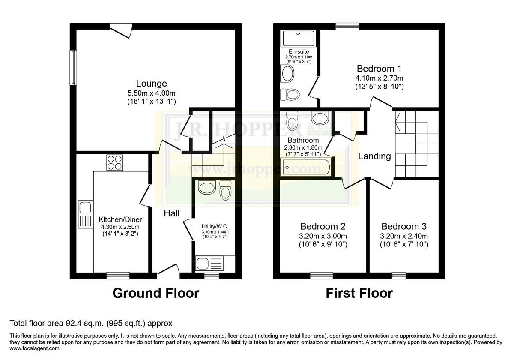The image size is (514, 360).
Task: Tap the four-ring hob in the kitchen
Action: point(114,163)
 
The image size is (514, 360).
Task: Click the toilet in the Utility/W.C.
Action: point(225,190)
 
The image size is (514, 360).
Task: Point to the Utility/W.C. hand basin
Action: point(208,188)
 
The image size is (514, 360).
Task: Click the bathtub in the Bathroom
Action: point(305,167)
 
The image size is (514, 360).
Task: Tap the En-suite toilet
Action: point(290,94)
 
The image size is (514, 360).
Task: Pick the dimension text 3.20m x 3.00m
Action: point(323,236)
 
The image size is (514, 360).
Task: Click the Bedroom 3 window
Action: point(398,275)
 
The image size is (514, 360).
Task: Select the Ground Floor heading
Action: point(155,293)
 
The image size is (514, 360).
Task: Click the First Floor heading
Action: point(359,293)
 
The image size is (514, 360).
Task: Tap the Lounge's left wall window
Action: point(73,68)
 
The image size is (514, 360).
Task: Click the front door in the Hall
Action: point(168,271)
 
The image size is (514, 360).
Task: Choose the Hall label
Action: point(172,213)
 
